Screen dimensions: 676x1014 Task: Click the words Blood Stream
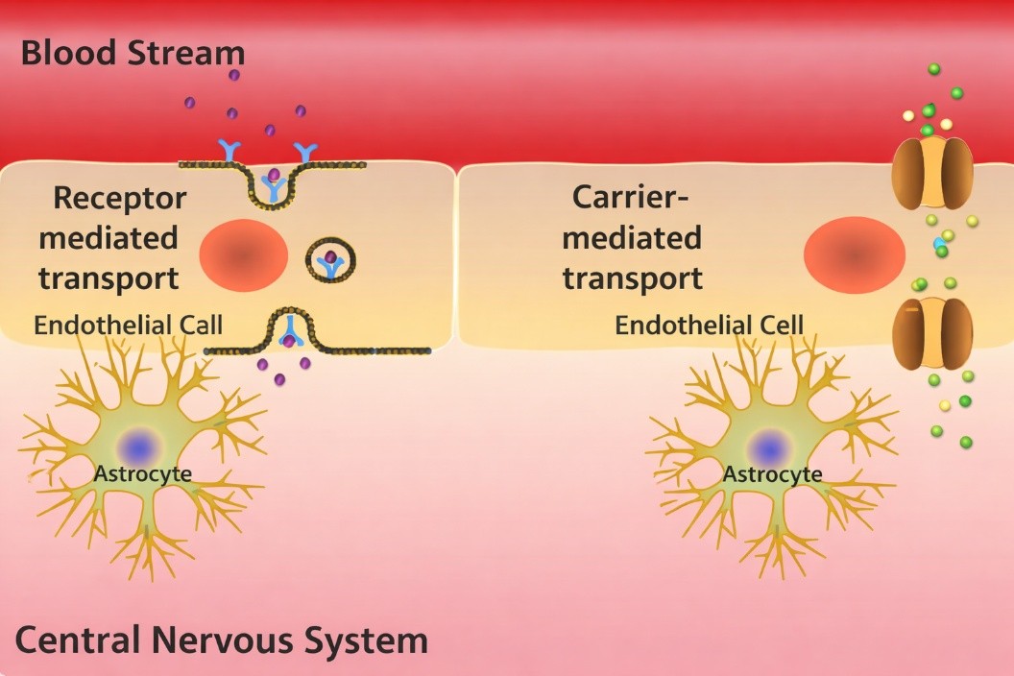pyautogui.click(x=133, y=52)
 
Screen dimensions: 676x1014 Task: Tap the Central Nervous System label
pyautogui.click(x=221, y=640)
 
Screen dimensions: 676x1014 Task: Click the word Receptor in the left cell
pyautogui.click(x=119, y=198)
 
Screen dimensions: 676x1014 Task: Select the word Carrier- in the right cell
pyautogui.click(x=631, y=196)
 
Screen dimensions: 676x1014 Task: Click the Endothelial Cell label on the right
pyautogui.click(x=709, y=325)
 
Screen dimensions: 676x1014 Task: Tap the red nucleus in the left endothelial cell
pyautogui.click(x=244, y=254)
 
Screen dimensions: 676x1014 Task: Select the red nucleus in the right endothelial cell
pyautogui.click(x=854, y=254)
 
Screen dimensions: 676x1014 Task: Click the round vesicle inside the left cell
pyautogui.click(x=331, y=259)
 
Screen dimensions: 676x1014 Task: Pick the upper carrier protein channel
pyautogui.click(x=932, y=173)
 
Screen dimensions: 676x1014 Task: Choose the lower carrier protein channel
pyautogui.click(x=932, y=333)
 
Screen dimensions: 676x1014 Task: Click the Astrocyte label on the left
pyautogui.click(x=142, y=473)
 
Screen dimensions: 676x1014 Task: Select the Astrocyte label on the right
pyautogui.click(x=771, y=474)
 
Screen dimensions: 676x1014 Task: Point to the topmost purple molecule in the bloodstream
pyautogui.click(x=233, y=75)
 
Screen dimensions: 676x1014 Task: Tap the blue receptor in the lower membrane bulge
pyautogui.click(x=288, y=332)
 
